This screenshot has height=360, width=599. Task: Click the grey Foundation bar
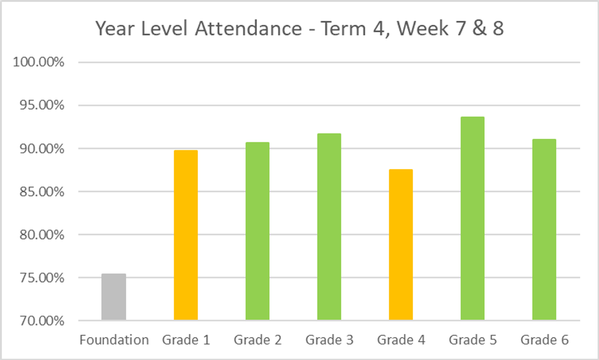(x=114, y=297)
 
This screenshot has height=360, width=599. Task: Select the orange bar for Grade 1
(x=186, y=235)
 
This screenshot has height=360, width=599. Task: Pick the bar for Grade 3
(x=329, y=227)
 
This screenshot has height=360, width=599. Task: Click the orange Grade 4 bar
(x=401, y=245)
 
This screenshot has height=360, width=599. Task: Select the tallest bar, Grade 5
(x=472, y=219)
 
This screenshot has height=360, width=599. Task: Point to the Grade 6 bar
(x=544, y=230)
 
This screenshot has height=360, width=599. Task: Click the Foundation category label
(x=114, y=341)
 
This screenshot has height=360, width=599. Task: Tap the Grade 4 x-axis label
(x=401, y=341)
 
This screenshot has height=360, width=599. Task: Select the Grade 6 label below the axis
(x=545, y=341)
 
